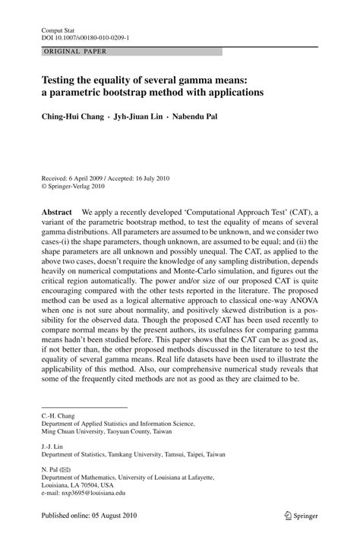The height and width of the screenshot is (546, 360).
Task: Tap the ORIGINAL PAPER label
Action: coord(66,52)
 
